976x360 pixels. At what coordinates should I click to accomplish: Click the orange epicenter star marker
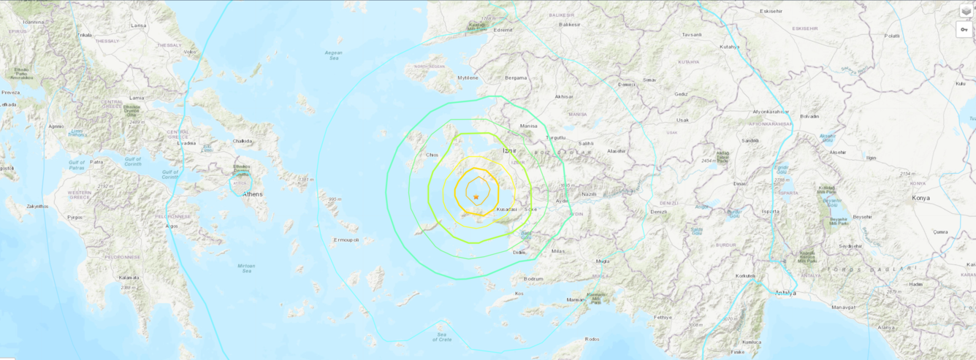point(476,197)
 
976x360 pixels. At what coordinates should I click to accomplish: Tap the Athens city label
point(252,194)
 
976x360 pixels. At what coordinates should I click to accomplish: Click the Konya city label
point(921,198)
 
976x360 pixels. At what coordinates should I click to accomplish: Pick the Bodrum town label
point(534,279)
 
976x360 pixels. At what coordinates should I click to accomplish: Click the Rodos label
point(592,339)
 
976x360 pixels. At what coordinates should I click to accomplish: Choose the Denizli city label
point(659,212)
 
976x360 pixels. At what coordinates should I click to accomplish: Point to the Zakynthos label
point(37,207)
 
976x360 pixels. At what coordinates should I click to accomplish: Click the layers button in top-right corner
point(966,10)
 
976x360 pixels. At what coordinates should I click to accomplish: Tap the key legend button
point(966,29)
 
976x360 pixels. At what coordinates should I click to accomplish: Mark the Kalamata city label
point(129,277)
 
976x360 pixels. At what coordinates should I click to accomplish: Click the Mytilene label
point(468,77)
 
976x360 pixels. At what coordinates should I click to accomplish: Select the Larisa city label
point(138,26)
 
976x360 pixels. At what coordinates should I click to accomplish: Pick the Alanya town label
point(885,328)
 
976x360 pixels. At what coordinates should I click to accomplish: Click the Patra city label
point(97,162)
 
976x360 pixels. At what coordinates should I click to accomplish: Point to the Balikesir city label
point(569,24)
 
